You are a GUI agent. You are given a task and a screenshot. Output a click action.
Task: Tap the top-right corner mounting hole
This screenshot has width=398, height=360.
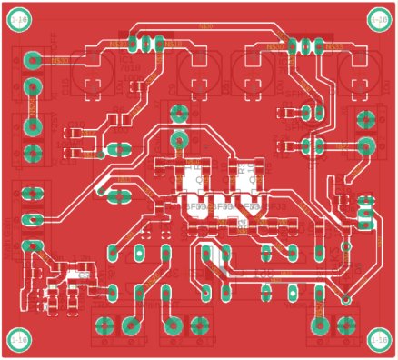point(378,18)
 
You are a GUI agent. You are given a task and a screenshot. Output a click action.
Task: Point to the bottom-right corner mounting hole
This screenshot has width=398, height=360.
point(378,338)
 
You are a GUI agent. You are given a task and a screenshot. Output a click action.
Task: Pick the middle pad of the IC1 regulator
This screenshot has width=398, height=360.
point(145,42)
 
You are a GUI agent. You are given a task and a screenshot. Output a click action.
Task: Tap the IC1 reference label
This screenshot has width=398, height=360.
point(124,57)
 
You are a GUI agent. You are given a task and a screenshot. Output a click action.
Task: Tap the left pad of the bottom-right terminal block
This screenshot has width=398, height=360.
point(319,325)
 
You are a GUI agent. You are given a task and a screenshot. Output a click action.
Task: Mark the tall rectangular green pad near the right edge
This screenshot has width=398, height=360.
point(366,211)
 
